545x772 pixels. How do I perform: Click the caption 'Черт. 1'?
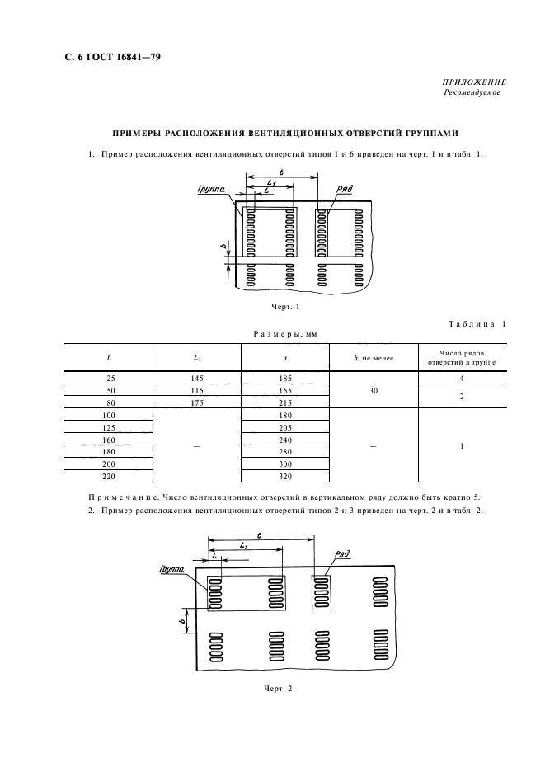[284, 307]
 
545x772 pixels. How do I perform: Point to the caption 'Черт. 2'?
[279, 688]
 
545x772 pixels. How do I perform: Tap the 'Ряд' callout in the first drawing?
[345, 188]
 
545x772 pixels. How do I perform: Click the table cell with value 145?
[196, 378]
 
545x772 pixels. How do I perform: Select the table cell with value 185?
[284, 378]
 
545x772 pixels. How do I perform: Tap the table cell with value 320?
[284, 477]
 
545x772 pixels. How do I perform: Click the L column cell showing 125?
[109, 427]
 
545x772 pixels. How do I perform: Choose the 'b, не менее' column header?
[373, 358]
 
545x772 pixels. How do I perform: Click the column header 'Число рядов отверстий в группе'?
[461, 357]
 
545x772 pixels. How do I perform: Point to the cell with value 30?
[373, 390]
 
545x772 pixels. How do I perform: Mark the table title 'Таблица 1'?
[477, 324]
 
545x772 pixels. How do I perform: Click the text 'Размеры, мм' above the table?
[284, 334]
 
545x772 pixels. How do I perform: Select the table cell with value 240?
[284, 440]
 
